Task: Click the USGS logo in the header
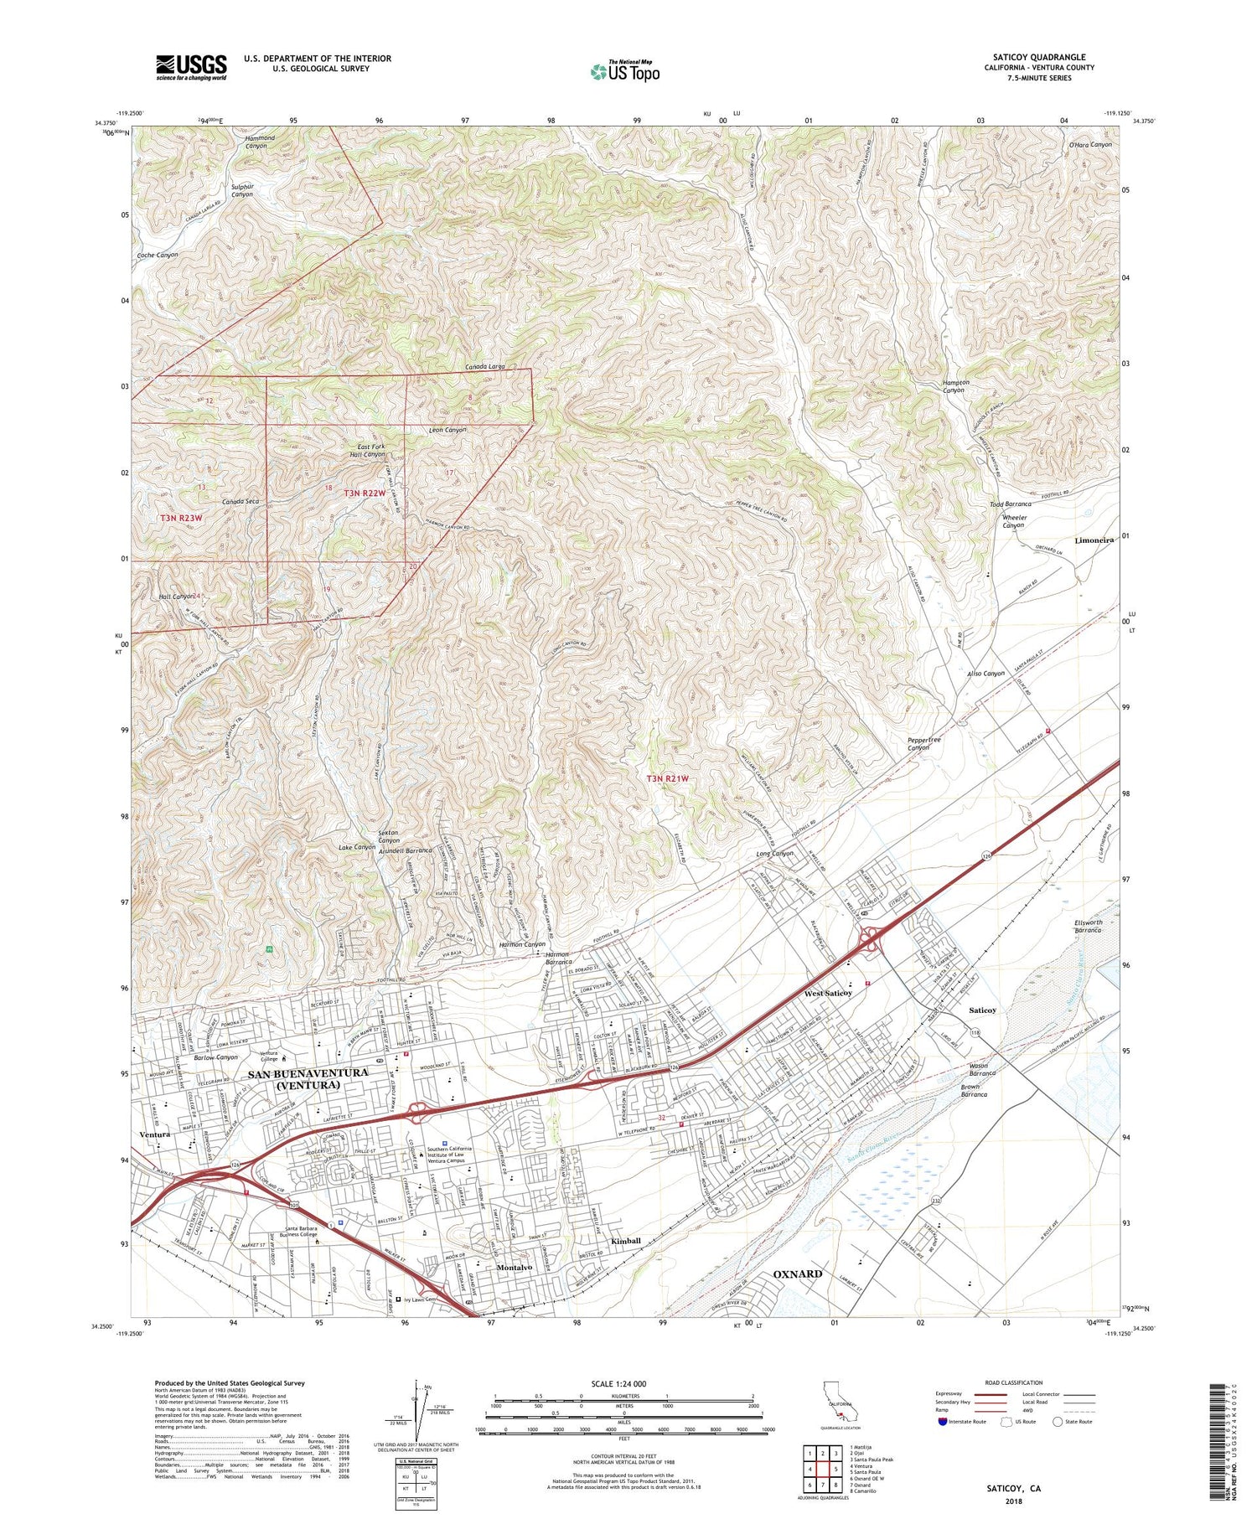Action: pos(191,68)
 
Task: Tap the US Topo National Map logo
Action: pos(624,70)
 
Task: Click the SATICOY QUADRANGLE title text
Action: pos(1039,58)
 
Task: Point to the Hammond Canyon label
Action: pos(248,141)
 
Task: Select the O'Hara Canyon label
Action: pos(1090,144)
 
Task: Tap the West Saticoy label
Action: pos(828,993)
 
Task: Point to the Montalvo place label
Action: pos(515,1268)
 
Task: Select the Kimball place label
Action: pos(625,1241)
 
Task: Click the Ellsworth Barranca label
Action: pos(1088,927)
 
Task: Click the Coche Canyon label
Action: pos(158,254)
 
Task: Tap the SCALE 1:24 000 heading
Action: pos(616,1383)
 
